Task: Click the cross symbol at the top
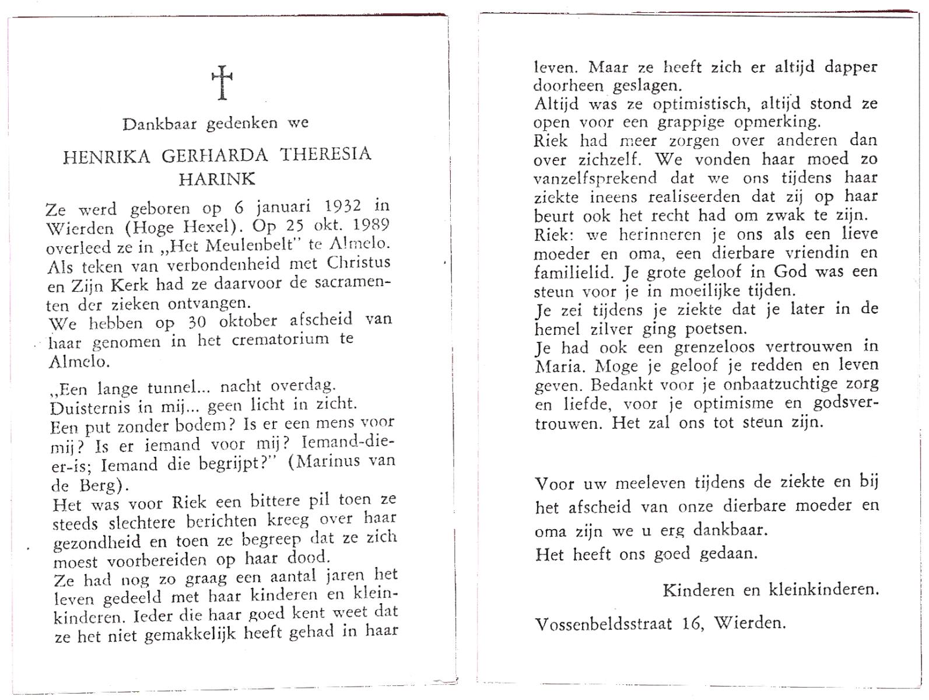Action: coord(222,83)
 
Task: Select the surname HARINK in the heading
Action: coord(217,179)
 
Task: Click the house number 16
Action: coord(693,624)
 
